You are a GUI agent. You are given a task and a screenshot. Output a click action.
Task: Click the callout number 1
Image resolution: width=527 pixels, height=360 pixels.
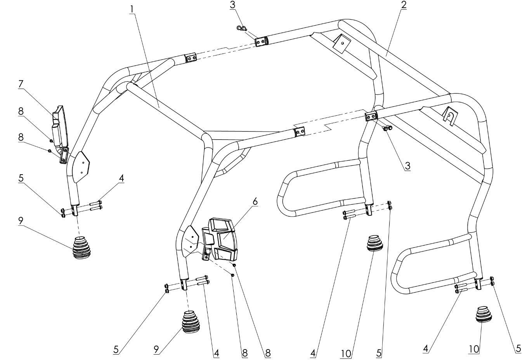[133, 8]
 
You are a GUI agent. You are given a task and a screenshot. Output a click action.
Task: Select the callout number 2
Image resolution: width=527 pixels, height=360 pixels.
[403, 5]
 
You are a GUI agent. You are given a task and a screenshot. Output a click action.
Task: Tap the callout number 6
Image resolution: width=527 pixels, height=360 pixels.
[255, 201]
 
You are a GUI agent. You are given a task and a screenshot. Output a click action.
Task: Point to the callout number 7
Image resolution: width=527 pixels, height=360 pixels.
[21, 84]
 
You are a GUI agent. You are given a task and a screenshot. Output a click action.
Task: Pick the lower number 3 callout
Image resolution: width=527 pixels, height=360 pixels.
[407, 166]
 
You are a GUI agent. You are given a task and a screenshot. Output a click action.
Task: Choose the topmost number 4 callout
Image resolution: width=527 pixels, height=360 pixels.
[122, 178]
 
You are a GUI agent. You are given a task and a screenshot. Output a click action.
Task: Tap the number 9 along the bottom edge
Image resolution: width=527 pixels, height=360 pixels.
[156, 350]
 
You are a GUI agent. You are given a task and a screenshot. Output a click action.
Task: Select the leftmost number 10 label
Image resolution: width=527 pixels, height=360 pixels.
[346, 353]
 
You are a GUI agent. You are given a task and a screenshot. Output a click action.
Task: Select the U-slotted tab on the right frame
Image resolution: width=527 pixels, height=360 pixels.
[448, 115]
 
